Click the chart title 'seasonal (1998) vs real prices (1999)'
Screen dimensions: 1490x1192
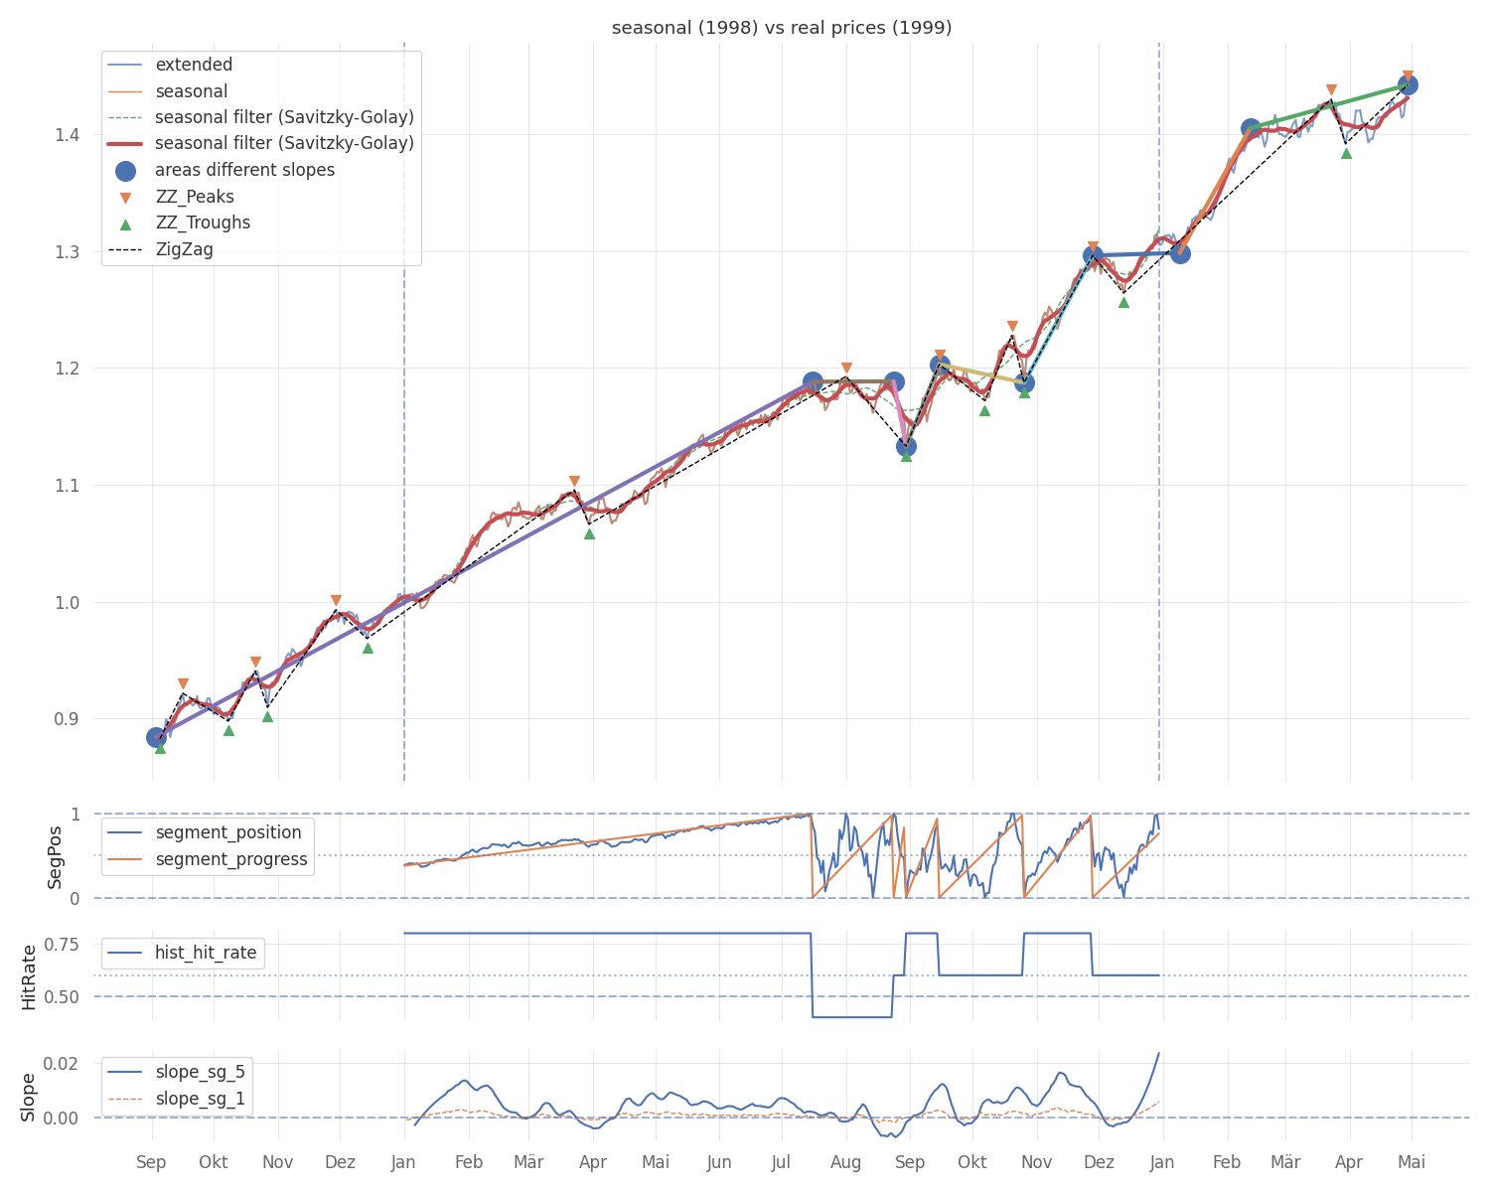781,28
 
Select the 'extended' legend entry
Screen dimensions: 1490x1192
170,65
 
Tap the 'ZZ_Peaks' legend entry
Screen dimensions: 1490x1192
180,197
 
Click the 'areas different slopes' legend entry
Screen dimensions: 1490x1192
224,170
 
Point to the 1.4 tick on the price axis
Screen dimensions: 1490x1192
68,134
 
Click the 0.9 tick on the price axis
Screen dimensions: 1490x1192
68,718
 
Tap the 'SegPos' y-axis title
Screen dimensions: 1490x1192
54,857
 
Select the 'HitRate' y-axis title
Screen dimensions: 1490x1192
29,976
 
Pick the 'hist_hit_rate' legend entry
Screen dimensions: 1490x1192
183,953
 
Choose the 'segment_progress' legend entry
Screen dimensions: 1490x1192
208,859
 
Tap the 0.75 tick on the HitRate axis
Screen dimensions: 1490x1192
62,944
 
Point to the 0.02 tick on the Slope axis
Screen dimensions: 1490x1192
61,1063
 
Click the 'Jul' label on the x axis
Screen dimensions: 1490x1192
781,1162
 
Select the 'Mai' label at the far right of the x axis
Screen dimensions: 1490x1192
1412,1162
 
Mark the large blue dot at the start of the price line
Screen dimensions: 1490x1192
157,738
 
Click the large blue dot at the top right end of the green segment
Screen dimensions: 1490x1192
1408,85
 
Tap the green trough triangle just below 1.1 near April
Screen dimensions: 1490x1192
589,534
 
